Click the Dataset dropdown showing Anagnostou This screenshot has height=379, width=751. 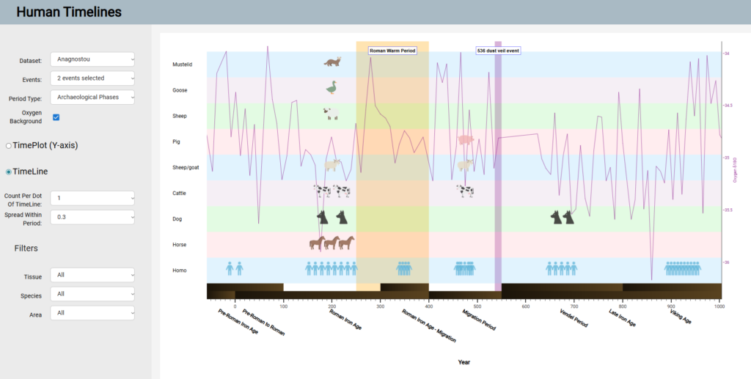[x=92, y=59]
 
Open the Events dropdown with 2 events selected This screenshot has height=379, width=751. [x=92, y=78]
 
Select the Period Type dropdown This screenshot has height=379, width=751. [x=92, y=97]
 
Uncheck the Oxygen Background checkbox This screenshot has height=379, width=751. [x=56, y=117]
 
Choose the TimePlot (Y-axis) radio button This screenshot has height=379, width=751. [x=9, y=145]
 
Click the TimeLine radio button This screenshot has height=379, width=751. [x=9, y=172]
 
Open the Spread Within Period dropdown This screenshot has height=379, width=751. [x=92, y=217]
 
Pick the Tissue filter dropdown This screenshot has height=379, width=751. [x=92, y=275]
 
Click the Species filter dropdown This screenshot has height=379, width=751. [x=92, y=294]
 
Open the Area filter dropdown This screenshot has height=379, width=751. [x=92, y=314]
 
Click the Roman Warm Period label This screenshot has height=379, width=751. [x=392, y=51]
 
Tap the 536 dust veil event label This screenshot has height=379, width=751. [x=498, y=51]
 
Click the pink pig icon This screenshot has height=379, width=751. [x=466, y=139]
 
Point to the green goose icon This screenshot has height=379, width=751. [x=332, y=87]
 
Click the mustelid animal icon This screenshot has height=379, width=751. [x=332, y=62]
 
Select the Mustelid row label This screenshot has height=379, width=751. [x=182, y=65]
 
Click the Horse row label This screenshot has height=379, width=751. [x=180, y=245]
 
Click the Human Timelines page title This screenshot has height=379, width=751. [x=69, y=12]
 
